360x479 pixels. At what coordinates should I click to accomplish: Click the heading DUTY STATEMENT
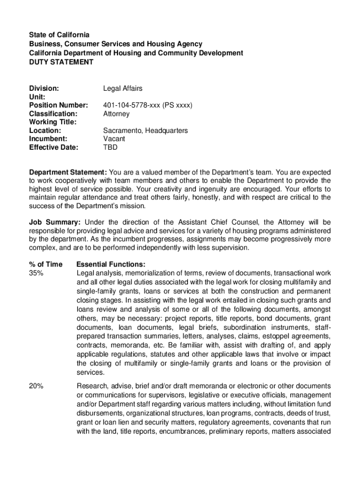[61, 62]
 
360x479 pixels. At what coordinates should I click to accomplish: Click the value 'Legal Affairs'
[122, 88]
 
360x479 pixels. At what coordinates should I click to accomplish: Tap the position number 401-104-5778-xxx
[132, 105]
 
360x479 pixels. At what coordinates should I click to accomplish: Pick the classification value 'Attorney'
[116, 114]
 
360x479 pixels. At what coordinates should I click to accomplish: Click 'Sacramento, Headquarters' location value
[145, 131]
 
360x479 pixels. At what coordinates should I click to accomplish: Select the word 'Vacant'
[114, 139]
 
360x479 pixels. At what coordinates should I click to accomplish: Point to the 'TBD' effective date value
[110, 147]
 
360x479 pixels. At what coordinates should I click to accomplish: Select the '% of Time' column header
[46, 264]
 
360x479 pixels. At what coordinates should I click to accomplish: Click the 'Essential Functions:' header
[110, 264]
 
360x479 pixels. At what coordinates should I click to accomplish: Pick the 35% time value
[36, 273]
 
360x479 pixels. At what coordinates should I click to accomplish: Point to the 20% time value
[36, 386]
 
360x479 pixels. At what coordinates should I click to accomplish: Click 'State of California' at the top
[59, 35]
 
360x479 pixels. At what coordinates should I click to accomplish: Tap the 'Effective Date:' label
[54, 147]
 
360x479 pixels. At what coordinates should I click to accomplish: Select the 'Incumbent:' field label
[48, 139]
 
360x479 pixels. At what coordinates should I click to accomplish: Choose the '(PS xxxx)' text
[178, 105]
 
